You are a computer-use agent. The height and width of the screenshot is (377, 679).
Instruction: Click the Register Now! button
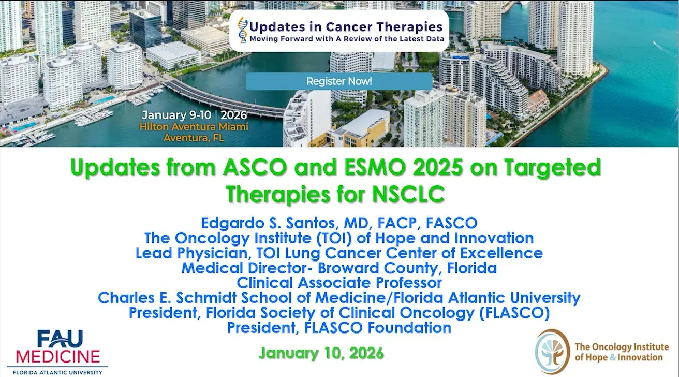[x=339, y=81]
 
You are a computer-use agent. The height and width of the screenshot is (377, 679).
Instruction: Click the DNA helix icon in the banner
[x=242, y=31]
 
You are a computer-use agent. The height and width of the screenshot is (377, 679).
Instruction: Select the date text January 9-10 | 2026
[x=194, y=114]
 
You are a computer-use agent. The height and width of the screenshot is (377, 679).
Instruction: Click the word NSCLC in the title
[x=409, y=195]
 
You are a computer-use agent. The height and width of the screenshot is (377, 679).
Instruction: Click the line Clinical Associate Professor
[x=339, y=283]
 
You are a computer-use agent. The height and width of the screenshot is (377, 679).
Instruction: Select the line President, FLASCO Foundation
[x=339, y=328]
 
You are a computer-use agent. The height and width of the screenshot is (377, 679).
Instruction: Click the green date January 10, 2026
[x=321, y=353]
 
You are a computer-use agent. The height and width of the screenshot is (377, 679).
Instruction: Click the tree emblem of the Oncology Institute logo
[x=552, y=351]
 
